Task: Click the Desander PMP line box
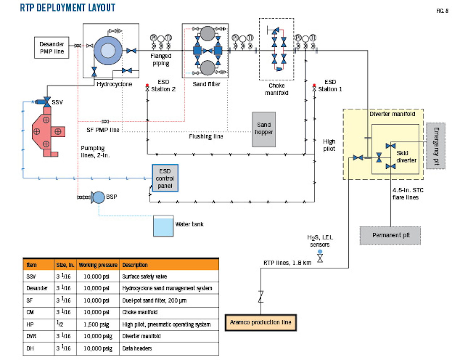click(x=51, y=48)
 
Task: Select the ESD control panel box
click(x=165, y=178)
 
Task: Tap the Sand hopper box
click(x=264, y=129)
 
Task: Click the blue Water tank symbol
click(x=163, y=226)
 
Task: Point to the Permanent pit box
click(x=390, y=235)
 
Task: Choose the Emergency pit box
click(x=436, y=146)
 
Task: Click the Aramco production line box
click(x=261, y=322)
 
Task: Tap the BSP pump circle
click(x=99, y=197)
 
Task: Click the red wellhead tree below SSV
click(x=47, y=132)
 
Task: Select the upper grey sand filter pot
click(x=207, y=34)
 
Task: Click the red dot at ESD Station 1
click(x=314, y=85)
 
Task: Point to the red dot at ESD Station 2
click(x=147, y=85)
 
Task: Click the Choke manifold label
click(x=277, y=89)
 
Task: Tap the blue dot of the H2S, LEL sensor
click(x=320, y=252)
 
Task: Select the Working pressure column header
click(x=98, y=265)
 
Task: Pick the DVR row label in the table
click(x=31, y=336)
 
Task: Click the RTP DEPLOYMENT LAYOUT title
click(x=67, y=8)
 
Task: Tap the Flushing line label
click(x=206, y=136)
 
